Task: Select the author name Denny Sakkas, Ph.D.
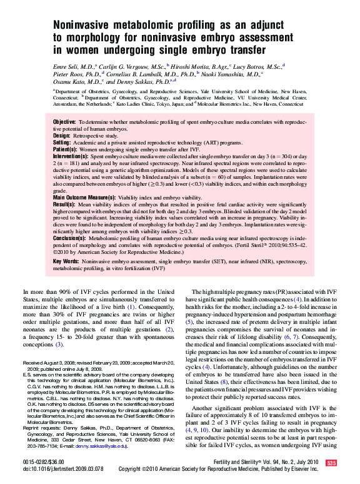144,81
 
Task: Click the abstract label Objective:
64,121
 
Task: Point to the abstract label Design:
62,135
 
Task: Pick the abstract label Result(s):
65,204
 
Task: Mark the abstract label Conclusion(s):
69,238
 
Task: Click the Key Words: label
66,260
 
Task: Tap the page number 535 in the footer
331,463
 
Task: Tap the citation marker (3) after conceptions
59,344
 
